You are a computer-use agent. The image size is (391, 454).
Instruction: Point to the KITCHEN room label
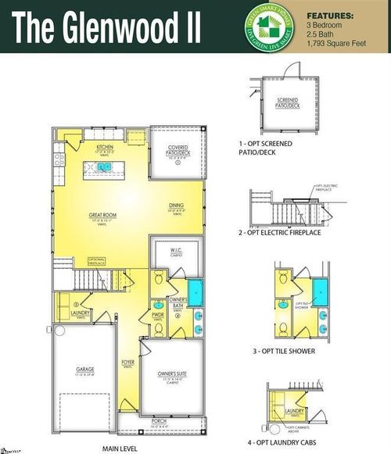[x=106, y=147]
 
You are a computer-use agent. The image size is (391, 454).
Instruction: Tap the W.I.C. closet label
[x=177, y=251]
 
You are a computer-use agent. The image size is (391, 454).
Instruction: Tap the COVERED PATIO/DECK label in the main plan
[x=175, y=150]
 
